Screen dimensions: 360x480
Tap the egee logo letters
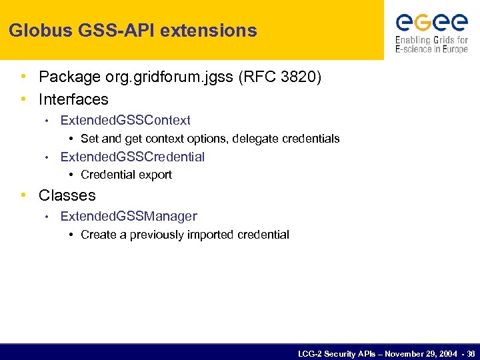(x=431, y=23)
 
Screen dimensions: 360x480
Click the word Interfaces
(x=73, y=99)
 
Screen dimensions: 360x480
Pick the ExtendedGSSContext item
(x=125, y=121)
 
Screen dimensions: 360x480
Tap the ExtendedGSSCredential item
(x=132, y=157)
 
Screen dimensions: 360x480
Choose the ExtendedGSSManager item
(x=129, y=216)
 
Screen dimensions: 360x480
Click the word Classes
(x=67, y=195)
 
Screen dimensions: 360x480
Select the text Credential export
(x=126, y=175)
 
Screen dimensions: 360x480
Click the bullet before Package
(x=24, y=78)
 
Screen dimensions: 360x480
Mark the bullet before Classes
(x=24, y=195)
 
